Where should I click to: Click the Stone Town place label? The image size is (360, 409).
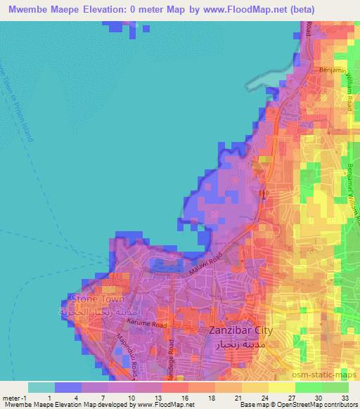coord(97,299)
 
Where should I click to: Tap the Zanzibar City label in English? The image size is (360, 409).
coord(241,330)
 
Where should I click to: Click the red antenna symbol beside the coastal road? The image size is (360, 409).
coord(264,194)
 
